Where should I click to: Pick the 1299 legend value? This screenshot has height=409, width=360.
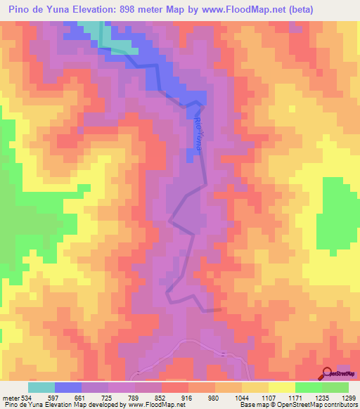point(348,398)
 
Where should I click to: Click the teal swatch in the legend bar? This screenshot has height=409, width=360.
point(41,387)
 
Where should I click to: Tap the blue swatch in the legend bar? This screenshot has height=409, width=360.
point(68,387)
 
